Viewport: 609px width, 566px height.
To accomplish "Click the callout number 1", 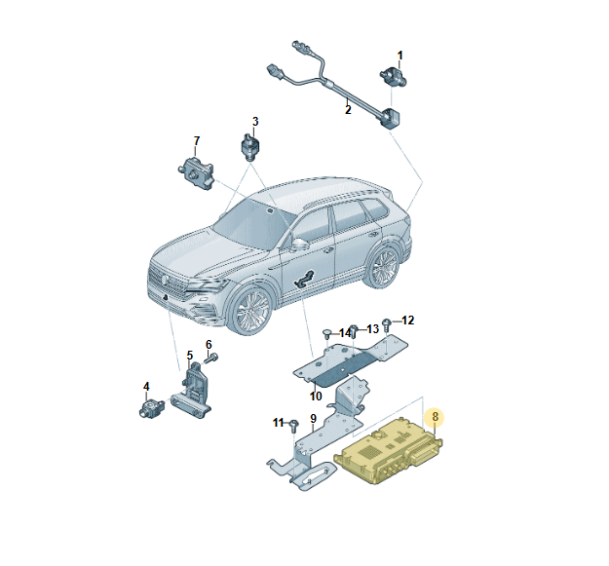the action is tap(400, 56).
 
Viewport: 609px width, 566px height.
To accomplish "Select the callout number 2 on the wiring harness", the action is tap(348, 110).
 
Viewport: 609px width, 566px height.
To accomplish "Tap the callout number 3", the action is tap(255, 122).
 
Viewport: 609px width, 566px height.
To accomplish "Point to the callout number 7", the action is tap(197, 141).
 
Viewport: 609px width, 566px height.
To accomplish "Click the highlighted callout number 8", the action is tap(435, 417).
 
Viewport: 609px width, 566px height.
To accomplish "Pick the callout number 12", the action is tap(408, 321).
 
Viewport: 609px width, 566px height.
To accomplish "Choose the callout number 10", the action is tap(316, 396).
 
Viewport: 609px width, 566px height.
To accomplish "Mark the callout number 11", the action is tap(279, 423).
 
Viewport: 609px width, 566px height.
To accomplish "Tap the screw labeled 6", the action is tap(211, 358).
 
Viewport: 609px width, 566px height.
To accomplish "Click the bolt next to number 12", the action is tap(387, 324).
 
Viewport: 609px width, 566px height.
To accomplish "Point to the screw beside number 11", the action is tap(294, 427).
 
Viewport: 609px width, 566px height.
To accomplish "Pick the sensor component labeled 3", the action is tap(249, 146).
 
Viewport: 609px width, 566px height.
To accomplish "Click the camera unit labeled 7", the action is tap(197, 173).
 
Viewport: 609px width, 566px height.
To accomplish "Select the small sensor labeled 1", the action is tap(393, 77).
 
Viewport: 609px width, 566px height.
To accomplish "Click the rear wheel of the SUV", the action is tap(383, 266).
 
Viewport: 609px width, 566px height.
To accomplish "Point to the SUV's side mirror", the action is tap(299, 245).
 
